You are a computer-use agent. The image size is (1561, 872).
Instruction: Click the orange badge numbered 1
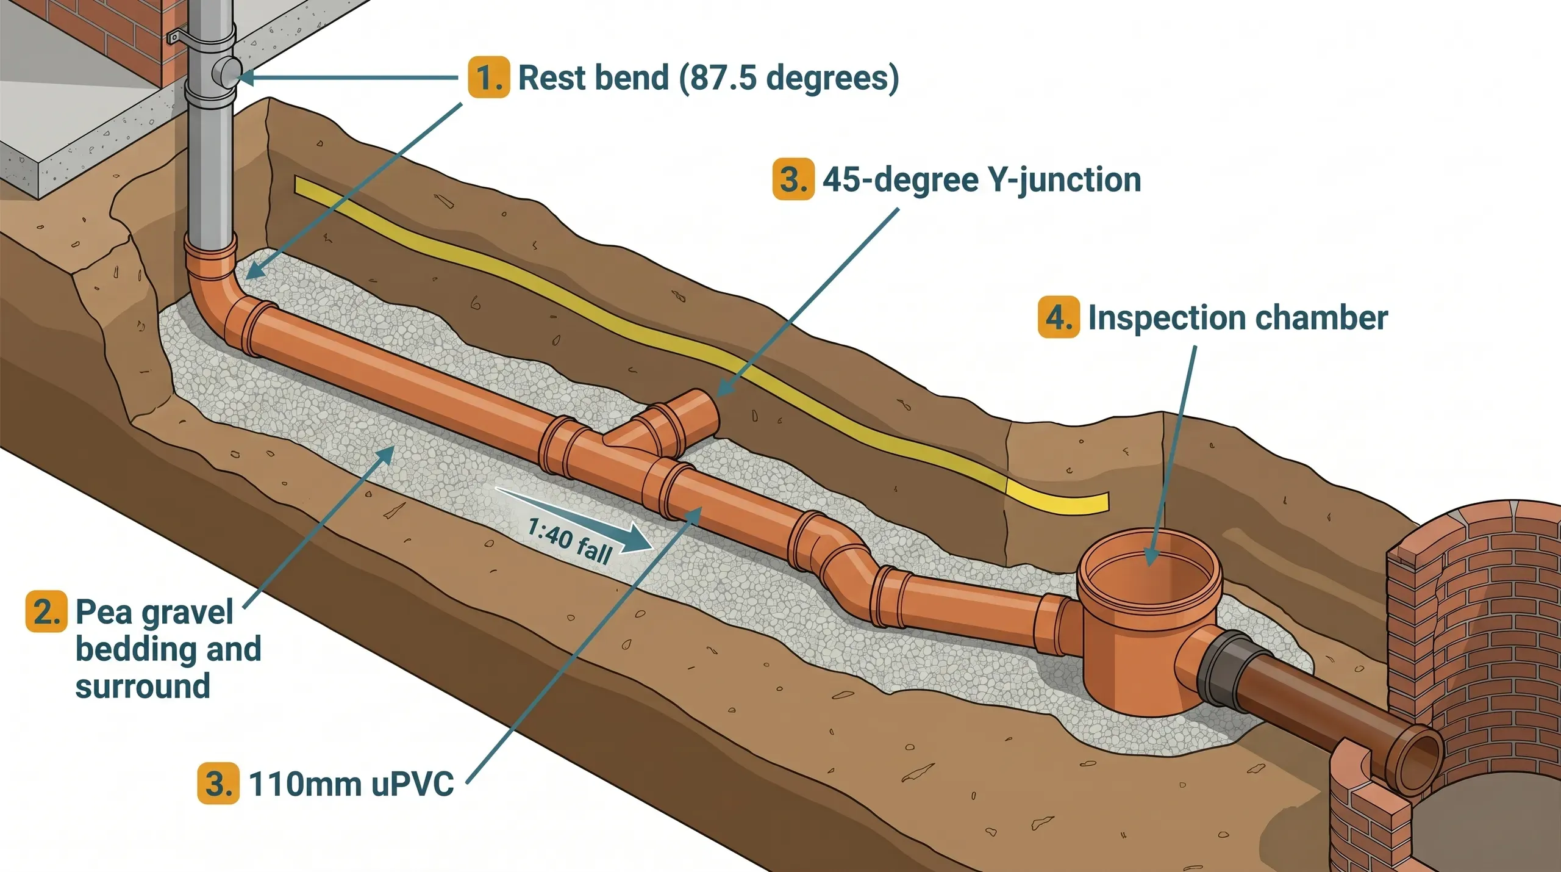[488, 77]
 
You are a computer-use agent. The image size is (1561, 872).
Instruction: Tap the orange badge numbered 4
[1059, 317]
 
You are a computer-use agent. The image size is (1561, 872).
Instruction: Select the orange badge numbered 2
[46, 611]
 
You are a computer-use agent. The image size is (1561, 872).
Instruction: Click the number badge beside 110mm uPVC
[218, 784]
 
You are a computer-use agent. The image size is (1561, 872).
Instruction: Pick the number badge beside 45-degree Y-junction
[793, 179]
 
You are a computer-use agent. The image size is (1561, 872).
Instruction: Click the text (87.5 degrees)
[788, 78]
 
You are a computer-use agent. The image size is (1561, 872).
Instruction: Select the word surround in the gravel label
[143, 686]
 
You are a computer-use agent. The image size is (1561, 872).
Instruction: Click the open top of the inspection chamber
[1149, 571]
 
